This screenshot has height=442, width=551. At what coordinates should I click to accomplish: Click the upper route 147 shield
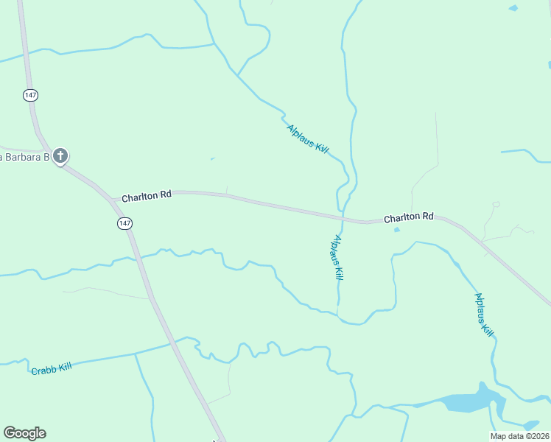[x=30, y=96]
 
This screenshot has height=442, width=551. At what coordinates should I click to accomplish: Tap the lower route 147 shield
[x=124, y=222]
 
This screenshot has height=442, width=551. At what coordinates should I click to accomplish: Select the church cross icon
[x=60, y=155]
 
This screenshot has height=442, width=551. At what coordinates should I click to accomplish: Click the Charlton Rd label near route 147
[x=147, y=197]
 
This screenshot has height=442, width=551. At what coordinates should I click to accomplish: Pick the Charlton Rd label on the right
[x=408, y=217]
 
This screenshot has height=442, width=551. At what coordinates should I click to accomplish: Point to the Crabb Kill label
[x=51, y=368]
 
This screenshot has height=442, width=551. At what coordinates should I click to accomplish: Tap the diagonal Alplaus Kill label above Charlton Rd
[x=308, y=138]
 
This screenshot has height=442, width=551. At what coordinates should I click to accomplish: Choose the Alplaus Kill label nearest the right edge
[x=483, y=315]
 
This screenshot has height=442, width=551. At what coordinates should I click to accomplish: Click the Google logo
[x=24, y=433]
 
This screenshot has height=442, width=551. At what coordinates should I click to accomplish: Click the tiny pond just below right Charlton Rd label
[x=397, y=230]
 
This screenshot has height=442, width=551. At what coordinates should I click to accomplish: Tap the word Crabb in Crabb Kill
[x=43, y=370]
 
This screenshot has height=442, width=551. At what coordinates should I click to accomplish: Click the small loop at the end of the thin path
[x=496, y=204]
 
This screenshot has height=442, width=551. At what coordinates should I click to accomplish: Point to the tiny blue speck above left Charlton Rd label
[x=212, y=158]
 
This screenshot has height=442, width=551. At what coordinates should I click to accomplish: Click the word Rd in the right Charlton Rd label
[x=427, y=217]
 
